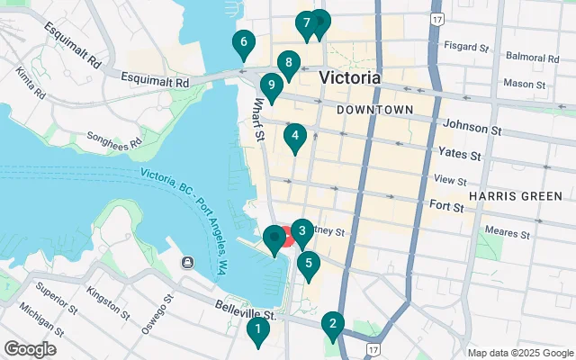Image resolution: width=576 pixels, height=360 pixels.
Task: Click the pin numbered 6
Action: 242,42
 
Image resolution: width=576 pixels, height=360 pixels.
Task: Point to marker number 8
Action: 287,64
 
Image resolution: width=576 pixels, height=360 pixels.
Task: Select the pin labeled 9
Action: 270,87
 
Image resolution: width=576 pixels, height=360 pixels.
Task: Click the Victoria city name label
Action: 350,78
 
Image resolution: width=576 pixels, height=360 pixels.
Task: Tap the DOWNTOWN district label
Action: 374,110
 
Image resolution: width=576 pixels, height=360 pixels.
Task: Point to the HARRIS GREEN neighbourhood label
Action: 516,195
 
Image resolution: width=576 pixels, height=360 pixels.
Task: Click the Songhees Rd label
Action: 114,139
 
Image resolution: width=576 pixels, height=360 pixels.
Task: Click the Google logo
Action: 30,348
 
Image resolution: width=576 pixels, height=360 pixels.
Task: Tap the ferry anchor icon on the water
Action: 187,263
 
